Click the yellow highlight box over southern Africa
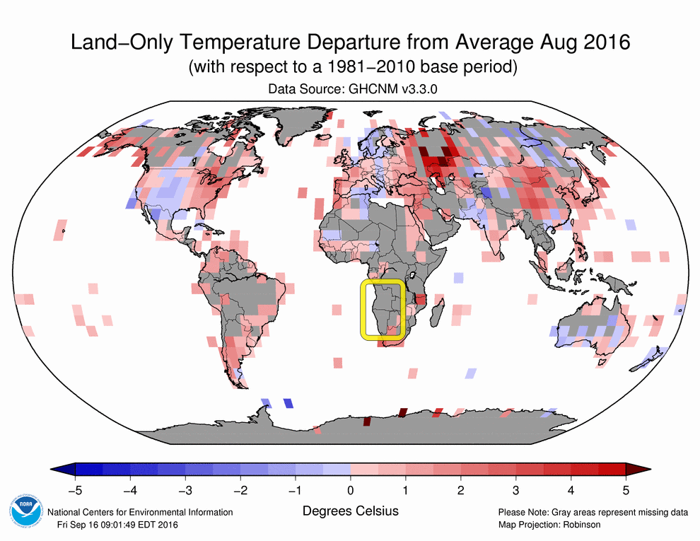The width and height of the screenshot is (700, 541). (383, 309)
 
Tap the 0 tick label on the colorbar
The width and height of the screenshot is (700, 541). (351, 489)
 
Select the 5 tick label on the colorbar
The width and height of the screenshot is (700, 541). (626, 489)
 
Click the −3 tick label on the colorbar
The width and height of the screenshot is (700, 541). (185, 489)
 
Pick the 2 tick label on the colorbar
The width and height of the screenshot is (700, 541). (461, 489)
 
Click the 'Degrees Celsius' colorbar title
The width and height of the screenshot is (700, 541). (351, 511)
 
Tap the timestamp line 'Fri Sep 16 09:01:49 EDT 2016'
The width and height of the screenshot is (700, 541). (118, 524)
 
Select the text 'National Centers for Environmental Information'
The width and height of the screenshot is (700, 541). (140, 512)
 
